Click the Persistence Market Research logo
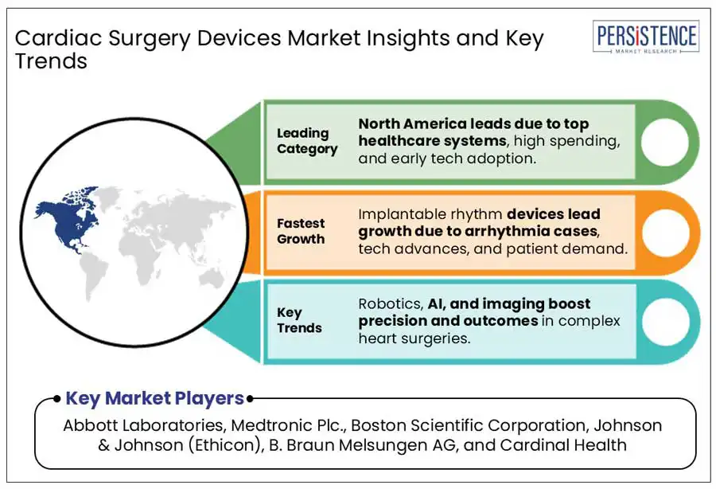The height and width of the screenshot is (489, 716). click(x=645, y=37)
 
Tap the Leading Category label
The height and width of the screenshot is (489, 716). click(x=307, y=141)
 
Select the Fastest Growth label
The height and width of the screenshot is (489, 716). click(x=301, y=231)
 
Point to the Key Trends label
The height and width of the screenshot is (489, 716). click(x=300, y=320)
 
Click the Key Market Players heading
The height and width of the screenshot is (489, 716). click(x=154, y=398)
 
